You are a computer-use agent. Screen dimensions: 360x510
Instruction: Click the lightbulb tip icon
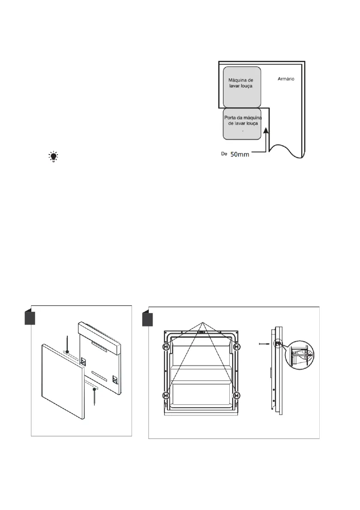pos(54,157)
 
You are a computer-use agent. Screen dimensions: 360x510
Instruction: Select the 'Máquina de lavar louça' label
pos(241,83)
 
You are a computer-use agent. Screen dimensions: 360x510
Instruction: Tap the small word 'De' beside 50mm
pos(223,154)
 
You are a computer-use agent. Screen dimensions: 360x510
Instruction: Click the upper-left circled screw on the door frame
pos(165,347)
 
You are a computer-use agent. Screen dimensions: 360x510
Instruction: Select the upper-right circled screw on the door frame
pos(237,347)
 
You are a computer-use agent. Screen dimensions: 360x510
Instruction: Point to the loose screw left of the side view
pos(266,343)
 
